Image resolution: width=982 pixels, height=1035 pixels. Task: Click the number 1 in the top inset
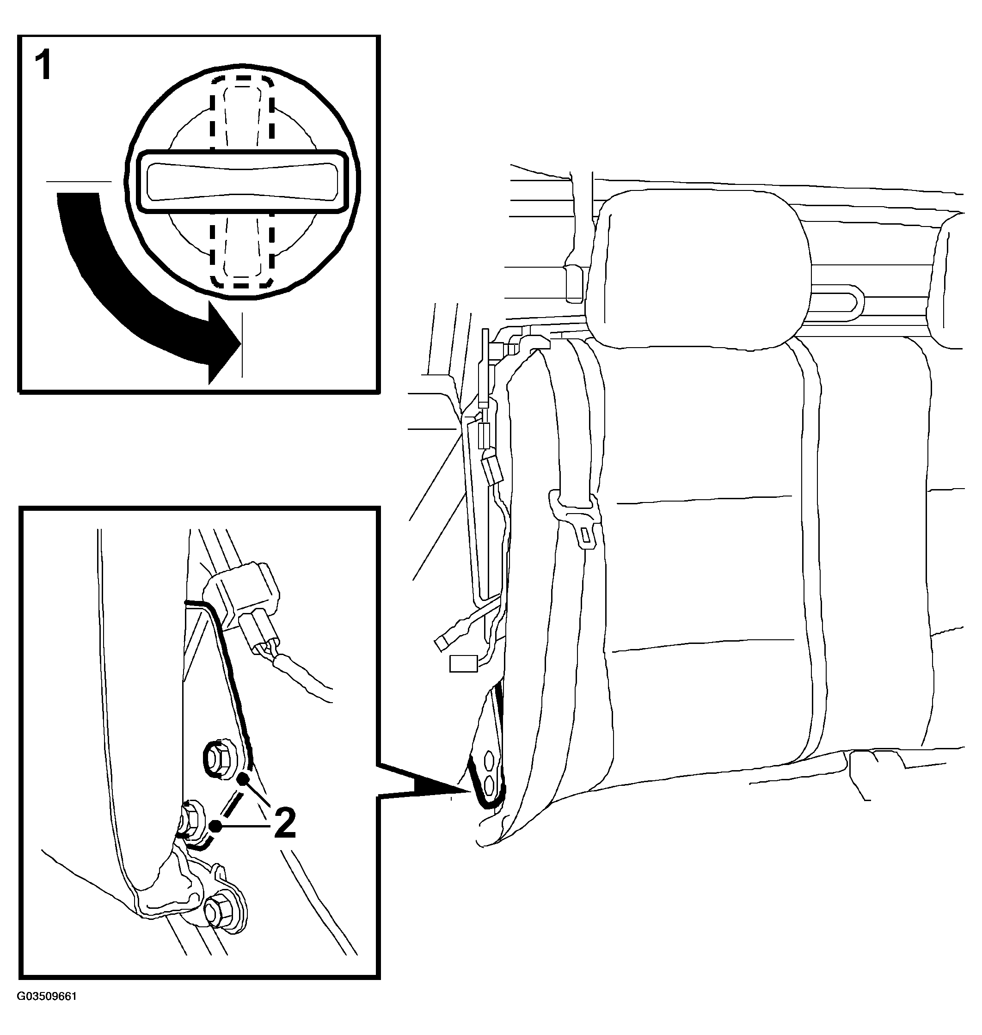43,67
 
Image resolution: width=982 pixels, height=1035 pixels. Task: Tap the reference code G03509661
47,1011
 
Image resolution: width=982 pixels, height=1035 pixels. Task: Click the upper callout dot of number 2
242,779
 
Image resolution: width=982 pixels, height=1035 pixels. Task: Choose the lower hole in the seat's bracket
490,784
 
